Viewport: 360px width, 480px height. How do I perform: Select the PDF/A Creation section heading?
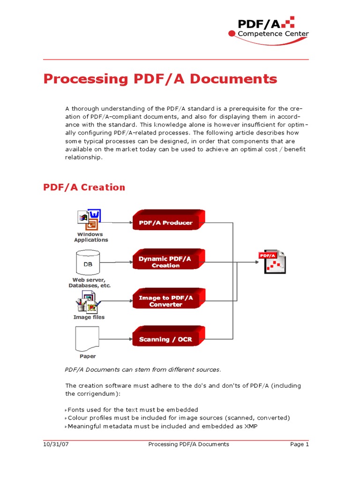pos(84,187)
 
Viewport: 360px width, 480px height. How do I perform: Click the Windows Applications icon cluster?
pos(90,219)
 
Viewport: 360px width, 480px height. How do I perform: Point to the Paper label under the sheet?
pos(88,356)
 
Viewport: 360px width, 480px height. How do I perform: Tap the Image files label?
pos(89,317)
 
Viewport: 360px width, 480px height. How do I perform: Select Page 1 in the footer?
pos(300,444)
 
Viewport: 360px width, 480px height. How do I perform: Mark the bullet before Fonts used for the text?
pos(66,410)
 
